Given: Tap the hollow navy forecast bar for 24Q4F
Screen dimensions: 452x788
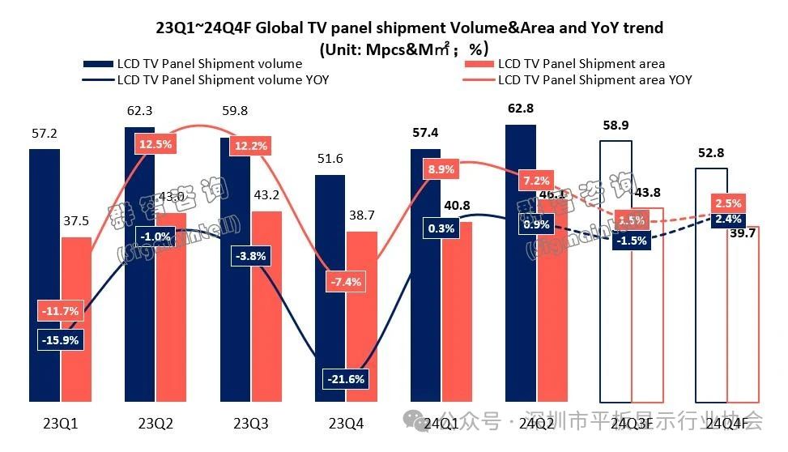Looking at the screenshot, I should (710, 324).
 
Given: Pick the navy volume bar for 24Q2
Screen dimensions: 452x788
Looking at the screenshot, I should (521, 324).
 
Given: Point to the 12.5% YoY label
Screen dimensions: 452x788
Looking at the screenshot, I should (155, 144).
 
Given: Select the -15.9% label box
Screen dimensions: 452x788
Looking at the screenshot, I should (60, 340).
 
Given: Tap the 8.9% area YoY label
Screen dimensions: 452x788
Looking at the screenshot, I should (441, 169).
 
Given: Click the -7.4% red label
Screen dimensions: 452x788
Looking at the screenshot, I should (346, 282).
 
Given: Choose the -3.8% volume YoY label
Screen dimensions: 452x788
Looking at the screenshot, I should (250, 255).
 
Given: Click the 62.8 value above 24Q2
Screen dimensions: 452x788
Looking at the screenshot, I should (521, 108).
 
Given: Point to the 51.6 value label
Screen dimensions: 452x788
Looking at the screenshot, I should (330, 157).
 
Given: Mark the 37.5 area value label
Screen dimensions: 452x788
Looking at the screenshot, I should (76, 220).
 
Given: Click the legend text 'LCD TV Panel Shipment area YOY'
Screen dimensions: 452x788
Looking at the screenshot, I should (594, 79).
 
